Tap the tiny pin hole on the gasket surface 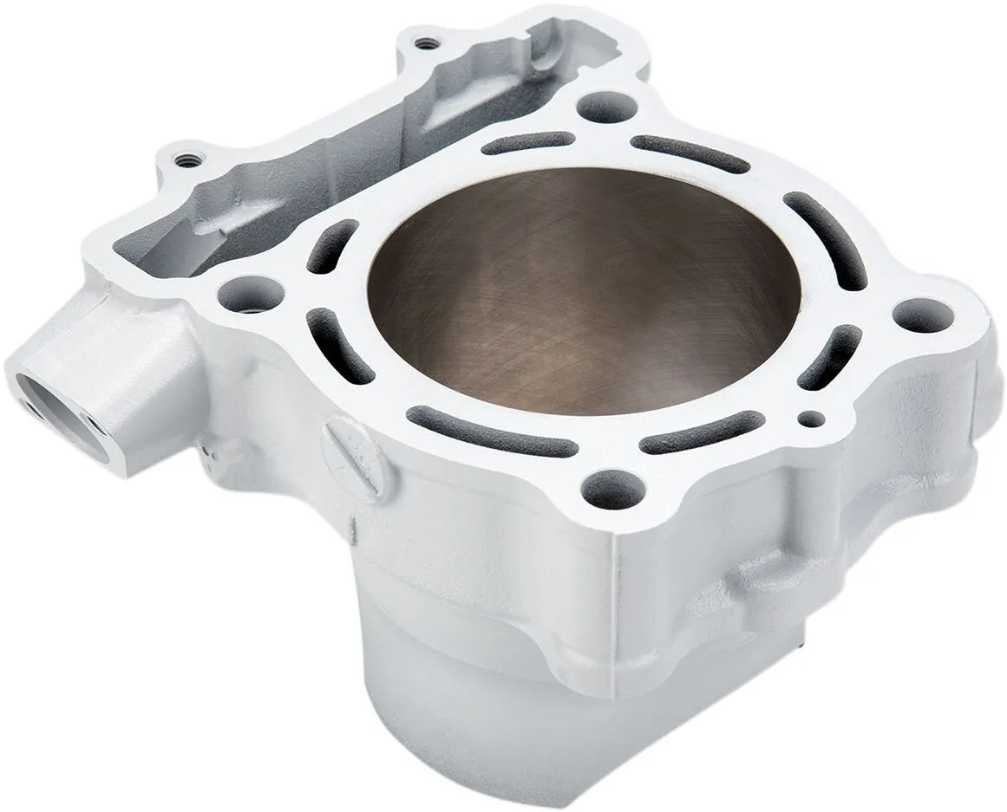coord(810,419)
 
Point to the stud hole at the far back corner coord(604,107)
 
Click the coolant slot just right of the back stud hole coord(690,153)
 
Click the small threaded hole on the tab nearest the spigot coord(183,159)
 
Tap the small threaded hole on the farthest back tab coord(423,42)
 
